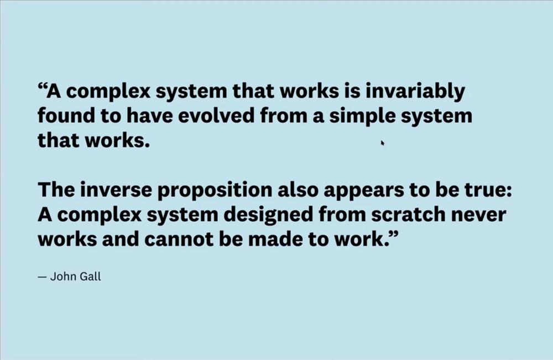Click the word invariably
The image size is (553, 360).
point(415,91)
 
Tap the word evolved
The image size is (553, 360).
point(216,116)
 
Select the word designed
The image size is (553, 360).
point(268,215)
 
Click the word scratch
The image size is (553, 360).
point(408,215)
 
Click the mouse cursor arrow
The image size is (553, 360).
point(382,143)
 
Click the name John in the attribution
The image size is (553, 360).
point(62,276)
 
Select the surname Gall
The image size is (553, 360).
point(91,276)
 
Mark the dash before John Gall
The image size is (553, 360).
point(42,277)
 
